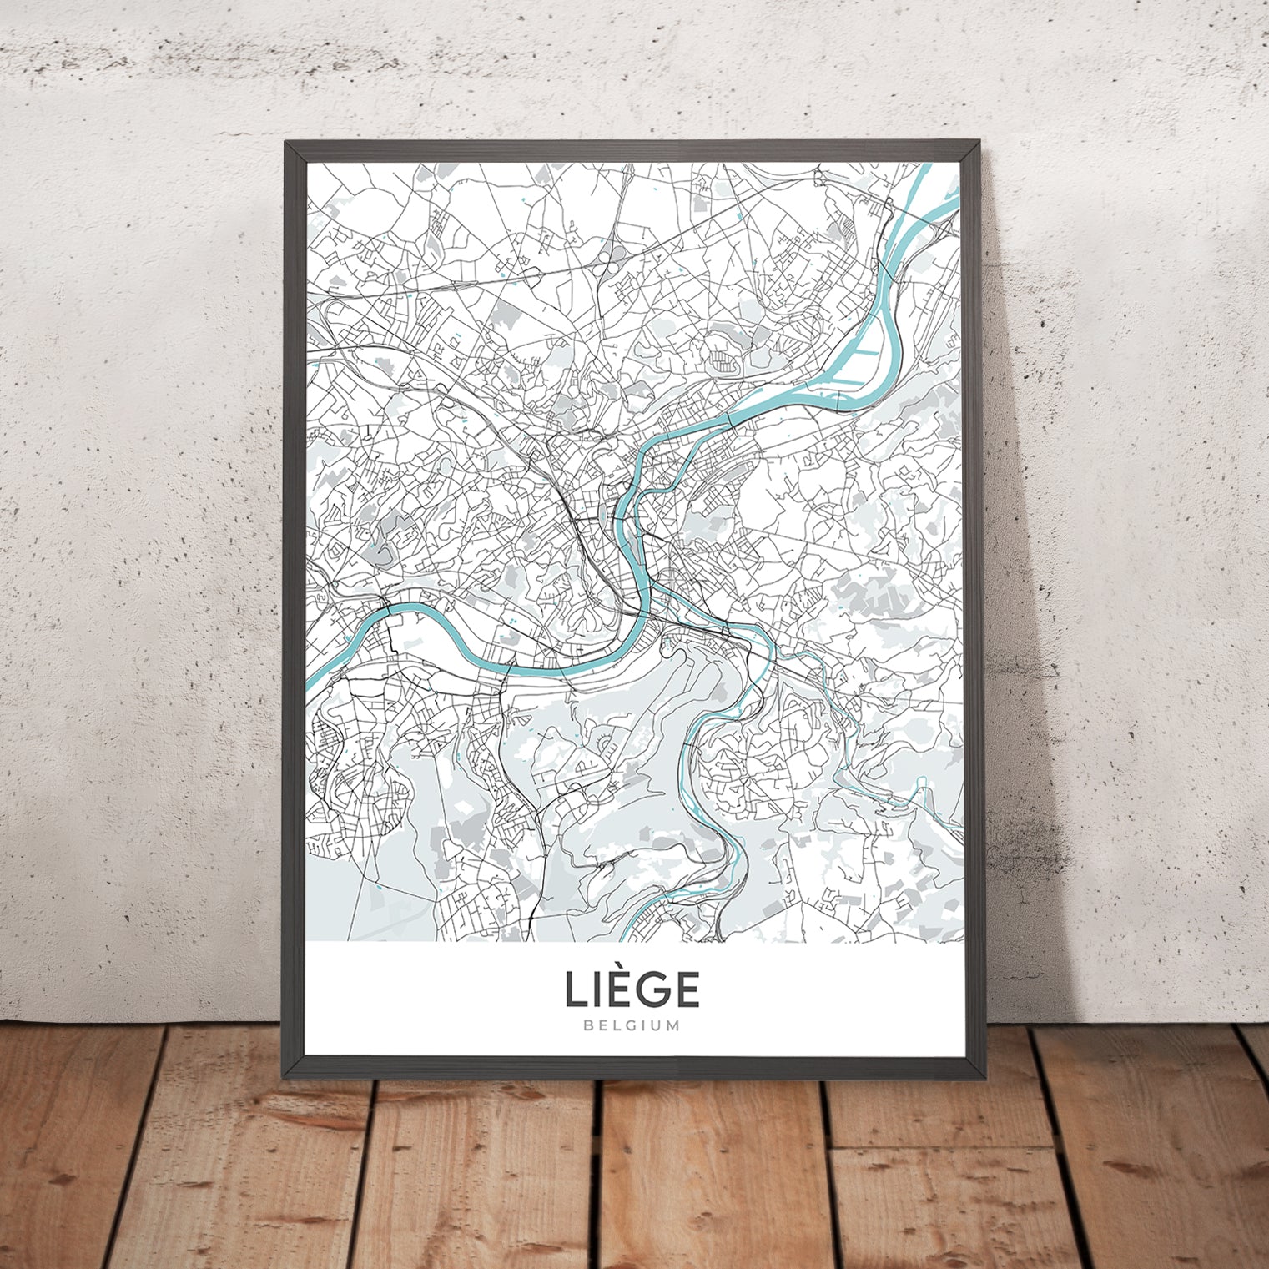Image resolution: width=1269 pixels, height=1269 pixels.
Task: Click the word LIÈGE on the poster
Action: point(632,990)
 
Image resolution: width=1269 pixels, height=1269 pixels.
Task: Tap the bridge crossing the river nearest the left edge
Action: point(388,608)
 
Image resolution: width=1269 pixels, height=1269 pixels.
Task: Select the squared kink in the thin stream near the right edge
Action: point(921,785)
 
